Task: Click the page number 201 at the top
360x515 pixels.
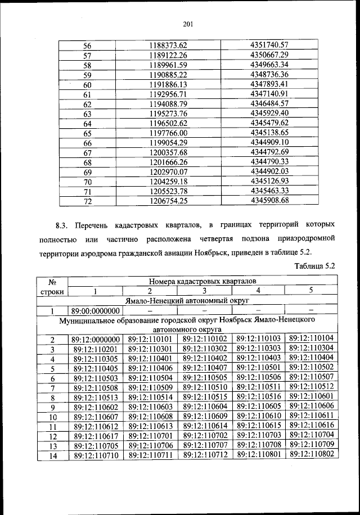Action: pos(188,24)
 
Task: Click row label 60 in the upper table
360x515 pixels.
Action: pos(87,84)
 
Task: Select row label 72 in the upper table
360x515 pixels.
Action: pos(87,201)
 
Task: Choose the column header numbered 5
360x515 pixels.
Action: pos(310,291)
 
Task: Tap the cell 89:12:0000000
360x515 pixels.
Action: pos(96,340)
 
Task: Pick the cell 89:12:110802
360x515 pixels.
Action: pos(311,455)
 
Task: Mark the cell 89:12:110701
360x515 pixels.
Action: pos(150,435)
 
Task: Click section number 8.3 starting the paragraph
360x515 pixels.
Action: pos(62,227)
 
